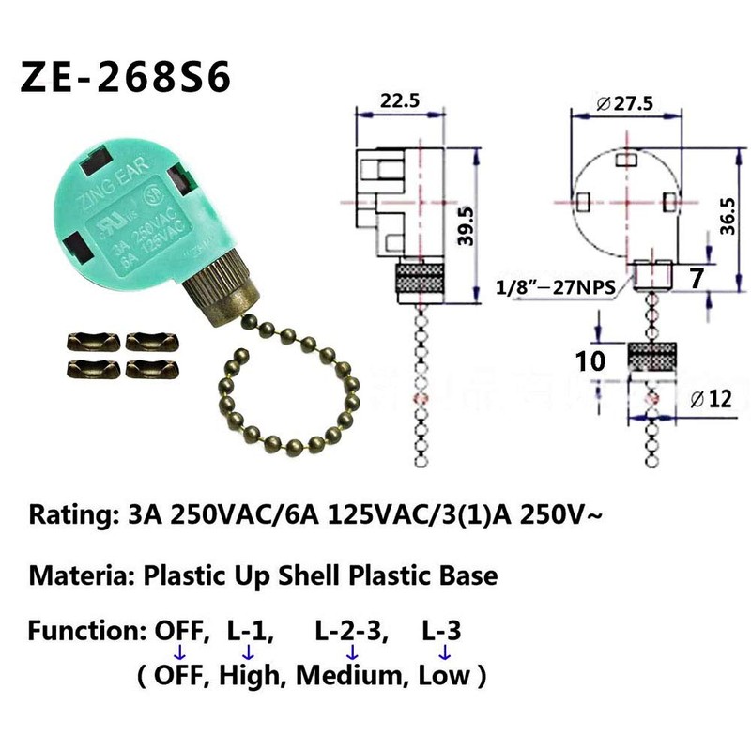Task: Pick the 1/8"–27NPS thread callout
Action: pyautogui.click(x=555, y=287)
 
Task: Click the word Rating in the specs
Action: pyautogui.click(x=69, y=514)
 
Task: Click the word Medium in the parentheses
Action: pyautogui.click(x=358, y=675)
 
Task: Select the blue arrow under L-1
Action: pyautogui.click(x=248, y=652)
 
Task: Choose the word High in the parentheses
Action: pyautogui.click(x=253, y=675)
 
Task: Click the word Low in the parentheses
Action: pyautogui.click(x=444, y=675)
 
